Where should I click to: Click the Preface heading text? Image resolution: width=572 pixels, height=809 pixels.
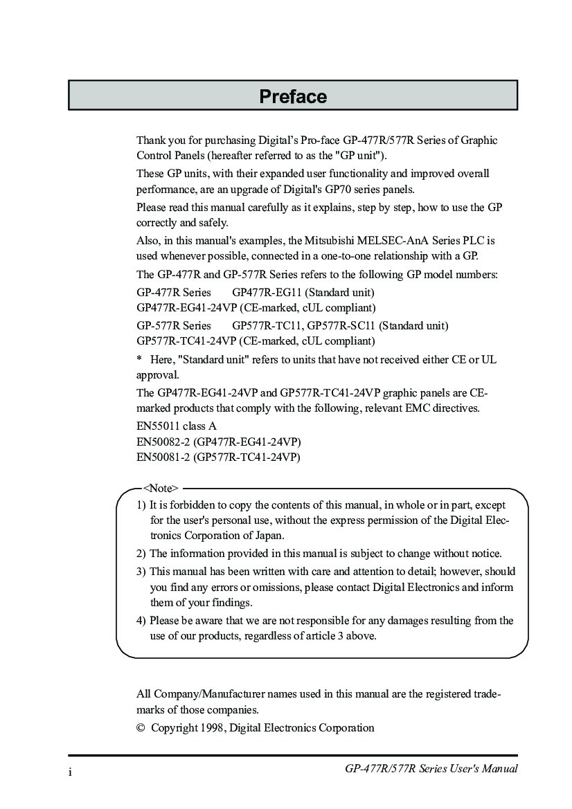[x=293, y=96]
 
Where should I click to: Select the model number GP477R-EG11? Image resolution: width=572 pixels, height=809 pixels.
[x=264, y=291]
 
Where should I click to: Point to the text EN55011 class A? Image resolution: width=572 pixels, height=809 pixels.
[x=177, y=426]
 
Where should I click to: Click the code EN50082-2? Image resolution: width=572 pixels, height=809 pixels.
[x=163, y=442]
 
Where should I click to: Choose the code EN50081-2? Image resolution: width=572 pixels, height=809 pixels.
[x=163, y=457]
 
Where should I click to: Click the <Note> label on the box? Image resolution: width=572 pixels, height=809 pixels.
[x=160, y=488]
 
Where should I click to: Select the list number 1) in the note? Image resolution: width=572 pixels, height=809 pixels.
[x=141, y=505]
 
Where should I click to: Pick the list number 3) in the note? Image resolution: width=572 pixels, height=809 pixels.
[x=141, y=572]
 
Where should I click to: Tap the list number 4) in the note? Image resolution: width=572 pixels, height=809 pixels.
[x=141, y=621]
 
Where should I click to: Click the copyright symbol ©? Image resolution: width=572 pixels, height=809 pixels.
[x=141, y=728]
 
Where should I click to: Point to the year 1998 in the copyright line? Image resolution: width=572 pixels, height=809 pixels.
[x=213, y=728]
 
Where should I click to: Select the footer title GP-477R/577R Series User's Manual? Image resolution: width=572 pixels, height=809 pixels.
[x=431, y=769]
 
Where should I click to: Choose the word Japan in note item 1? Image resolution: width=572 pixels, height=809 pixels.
[x=269, y=536]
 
